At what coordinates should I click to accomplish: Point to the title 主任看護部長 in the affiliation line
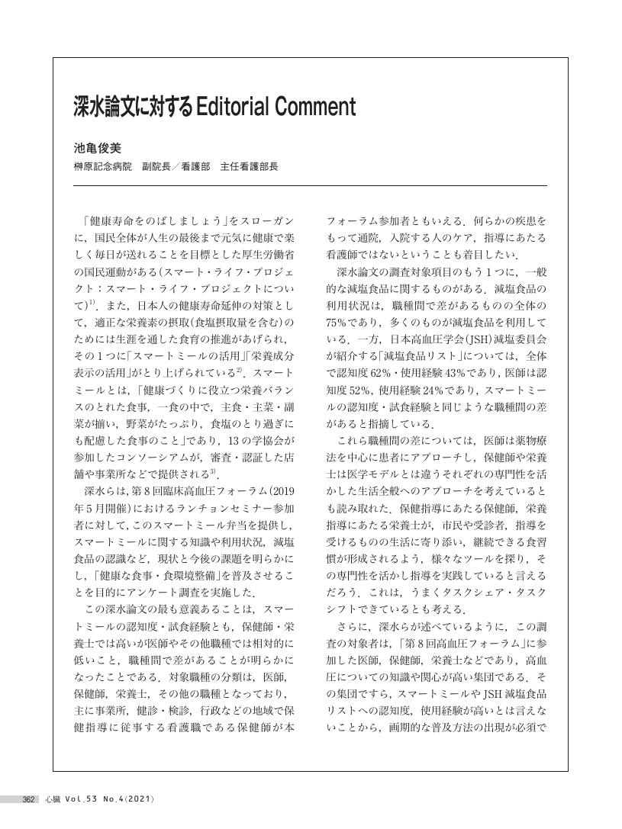tap(249, 165)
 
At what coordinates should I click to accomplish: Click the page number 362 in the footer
tap(30, 799)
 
